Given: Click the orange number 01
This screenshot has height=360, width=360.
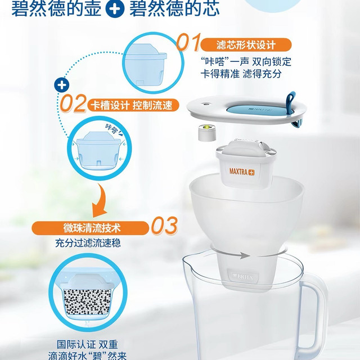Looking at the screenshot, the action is tap(189, 42).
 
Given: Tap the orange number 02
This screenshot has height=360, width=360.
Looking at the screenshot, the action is tap(73, 103).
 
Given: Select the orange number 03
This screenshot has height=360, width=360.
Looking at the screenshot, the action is tap(164, 225).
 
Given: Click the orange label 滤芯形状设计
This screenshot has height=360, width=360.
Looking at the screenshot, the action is tap(246, 45).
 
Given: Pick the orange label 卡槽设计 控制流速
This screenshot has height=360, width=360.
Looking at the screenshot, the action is tap(133, 105).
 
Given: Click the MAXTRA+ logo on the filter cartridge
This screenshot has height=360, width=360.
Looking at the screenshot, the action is tap(242, 172).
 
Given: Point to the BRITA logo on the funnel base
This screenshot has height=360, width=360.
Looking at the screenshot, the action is tap(244, 277).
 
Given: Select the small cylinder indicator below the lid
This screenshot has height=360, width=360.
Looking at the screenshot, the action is tap(207, 133).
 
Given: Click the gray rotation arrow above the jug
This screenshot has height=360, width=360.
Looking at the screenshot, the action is tap(248, 253).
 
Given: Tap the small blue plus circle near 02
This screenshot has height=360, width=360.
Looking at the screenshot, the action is tap(61, 85).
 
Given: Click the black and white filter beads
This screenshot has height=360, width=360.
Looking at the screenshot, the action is tap(87, 301).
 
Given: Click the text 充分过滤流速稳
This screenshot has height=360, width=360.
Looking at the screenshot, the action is tap(88, 243).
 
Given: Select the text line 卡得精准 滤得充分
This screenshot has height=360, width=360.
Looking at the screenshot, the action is tap(241, 74).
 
